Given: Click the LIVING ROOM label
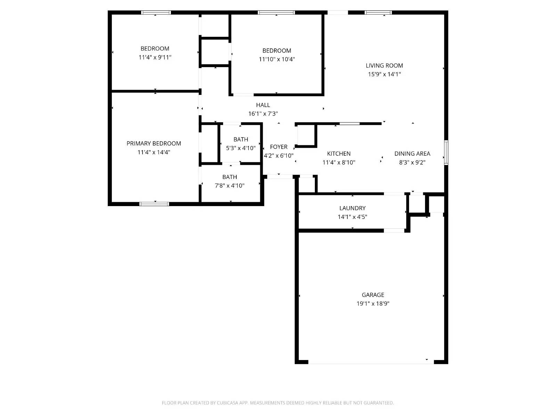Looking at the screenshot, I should point(384,65).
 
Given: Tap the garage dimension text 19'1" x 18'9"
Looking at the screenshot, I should point(373,303).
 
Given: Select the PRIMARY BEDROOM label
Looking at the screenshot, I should point(154,143).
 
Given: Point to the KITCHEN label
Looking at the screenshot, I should point(338,154).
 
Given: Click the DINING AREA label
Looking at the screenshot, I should point(412,154).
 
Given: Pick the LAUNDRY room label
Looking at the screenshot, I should point(352,208).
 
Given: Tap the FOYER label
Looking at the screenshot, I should point(278,147).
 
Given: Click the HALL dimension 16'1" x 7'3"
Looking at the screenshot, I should point(263,114).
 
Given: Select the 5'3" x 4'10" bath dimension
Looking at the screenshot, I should point(240,148).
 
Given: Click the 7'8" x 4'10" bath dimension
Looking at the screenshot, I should point(229,186).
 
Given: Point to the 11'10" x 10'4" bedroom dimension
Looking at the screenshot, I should point(277,59).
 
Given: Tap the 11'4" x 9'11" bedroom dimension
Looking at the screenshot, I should point(155,57).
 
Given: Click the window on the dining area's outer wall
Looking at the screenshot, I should point(446,152).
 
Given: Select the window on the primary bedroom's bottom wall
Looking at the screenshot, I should point(154,204).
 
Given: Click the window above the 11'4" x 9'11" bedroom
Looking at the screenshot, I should point(156,13).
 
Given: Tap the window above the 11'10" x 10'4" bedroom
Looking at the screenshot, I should point(276,13).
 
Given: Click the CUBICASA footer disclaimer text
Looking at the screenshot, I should point(278,403).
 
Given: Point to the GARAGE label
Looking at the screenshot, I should point(373,295).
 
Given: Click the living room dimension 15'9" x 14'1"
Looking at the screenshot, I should point(384,74).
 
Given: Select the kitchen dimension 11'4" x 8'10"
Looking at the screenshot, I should point(338,162).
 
